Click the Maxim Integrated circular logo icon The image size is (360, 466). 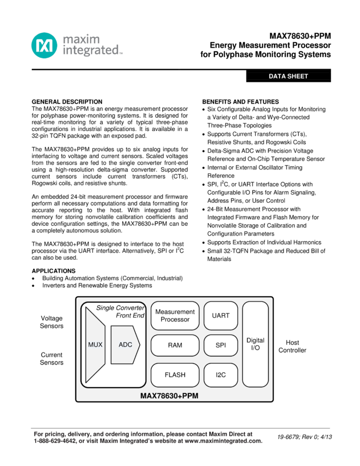click(x=44, y=46)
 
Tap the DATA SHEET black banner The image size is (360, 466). click(x=288, y=76)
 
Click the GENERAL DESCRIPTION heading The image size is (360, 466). click(x=67, y=102)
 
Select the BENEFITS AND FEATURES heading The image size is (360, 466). click(x=241, y=102)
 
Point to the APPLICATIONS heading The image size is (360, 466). click(x=54, y=271)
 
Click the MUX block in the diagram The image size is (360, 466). click(x=95, y=345)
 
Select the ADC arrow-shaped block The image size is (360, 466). click(x=125, y=345)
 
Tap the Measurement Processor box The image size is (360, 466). click(x=175, y=316)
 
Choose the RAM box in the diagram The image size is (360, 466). click(x=175, y=345)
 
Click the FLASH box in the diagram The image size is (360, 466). click(x=175, y=375)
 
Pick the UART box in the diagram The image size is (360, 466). click(x=220, y=316)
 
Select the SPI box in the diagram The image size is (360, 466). click(x=220, y=345)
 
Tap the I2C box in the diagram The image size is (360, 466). click(x=220, y=375)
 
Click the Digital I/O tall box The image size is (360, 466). click(x=255, y=344)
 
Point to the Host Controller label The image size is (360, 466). click(x=292, y=346)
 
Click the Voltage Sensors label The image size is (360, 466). click(x=52, y=322)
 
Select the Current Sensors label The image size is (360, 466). click(x=52, y=359)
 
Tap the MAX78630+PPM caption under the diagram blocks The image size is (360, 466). click(x=169, y=395)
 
